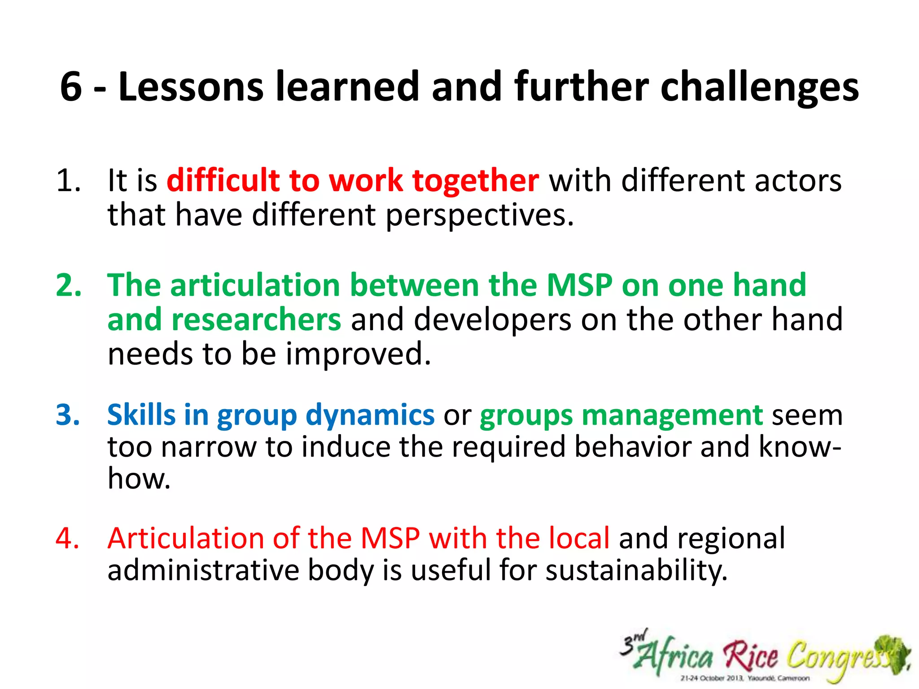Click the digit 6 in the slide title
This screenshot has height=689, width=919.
tap(71, 86)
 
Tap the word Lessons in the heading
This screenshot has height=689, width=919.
tap(191, 86)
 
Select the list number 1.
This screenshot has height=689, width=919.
tap(68, 181)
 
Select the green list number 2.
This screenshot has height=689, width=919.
tap(69, 285)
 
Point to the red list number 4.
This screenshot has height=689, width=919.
tap(68, 538)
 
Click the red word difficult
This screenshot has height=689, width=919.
tap(223, 180)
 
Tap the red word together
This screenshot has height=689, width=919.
tap(476, 181)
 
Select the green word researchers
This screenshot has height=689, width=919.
tap(256, 320)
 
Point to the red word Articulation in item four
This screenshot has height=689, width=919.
tap(186, 538)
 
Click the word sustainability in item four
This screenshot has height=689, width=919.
tap(636, 571)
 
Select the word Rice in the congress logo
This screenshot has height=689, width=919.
tap(751, 656)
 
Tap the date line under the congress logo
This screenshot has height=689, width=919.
tap(745, 678)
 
